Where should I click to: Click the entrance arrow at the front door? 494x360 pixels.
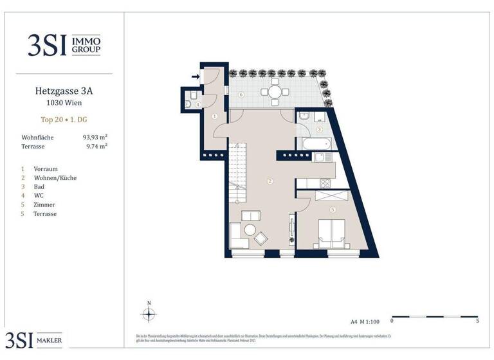pyautogui.click(x=194, y=76)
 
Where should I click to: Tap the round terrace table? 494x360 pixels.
pyautogui.click(x=275, y=92)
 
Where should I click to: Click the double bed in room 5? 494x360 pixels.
pyautogui.click(x=331, y=233)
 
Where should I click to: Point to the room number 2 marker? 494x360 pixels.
pyautogui.click(x=271, y=181)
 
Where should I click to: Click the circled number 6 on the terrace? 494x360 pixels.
pyautogui.click(x=241, y=95)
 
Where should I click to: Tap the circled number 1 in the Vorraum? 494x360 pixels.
pyautogui.click(x=215, y=116)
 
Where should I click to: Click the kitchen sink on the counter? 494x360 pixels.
pyautogui.click(x=322, y=156)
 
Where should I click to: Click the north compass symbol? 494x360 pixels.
pyautogui.click(x=149, y=314)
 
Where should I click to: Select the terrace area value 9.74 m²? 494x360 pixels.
pyautogui.click(x=95, y=147)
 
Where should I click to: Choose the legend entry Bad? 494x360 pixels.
pyautogui.click(x=39, y=186)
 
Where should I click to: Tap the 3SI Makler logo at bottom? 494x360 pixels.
pyautogui.click(x=36, y=340)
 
